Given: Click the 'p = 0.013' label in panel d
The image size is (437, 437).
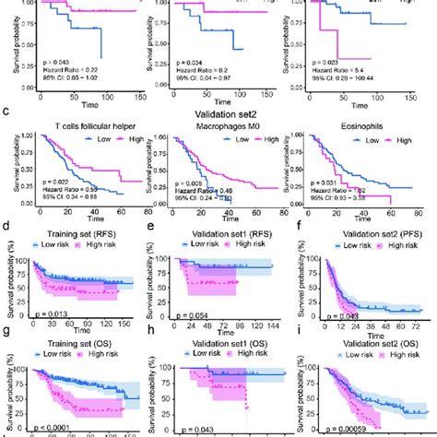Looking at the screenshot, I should coord(53,314).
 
